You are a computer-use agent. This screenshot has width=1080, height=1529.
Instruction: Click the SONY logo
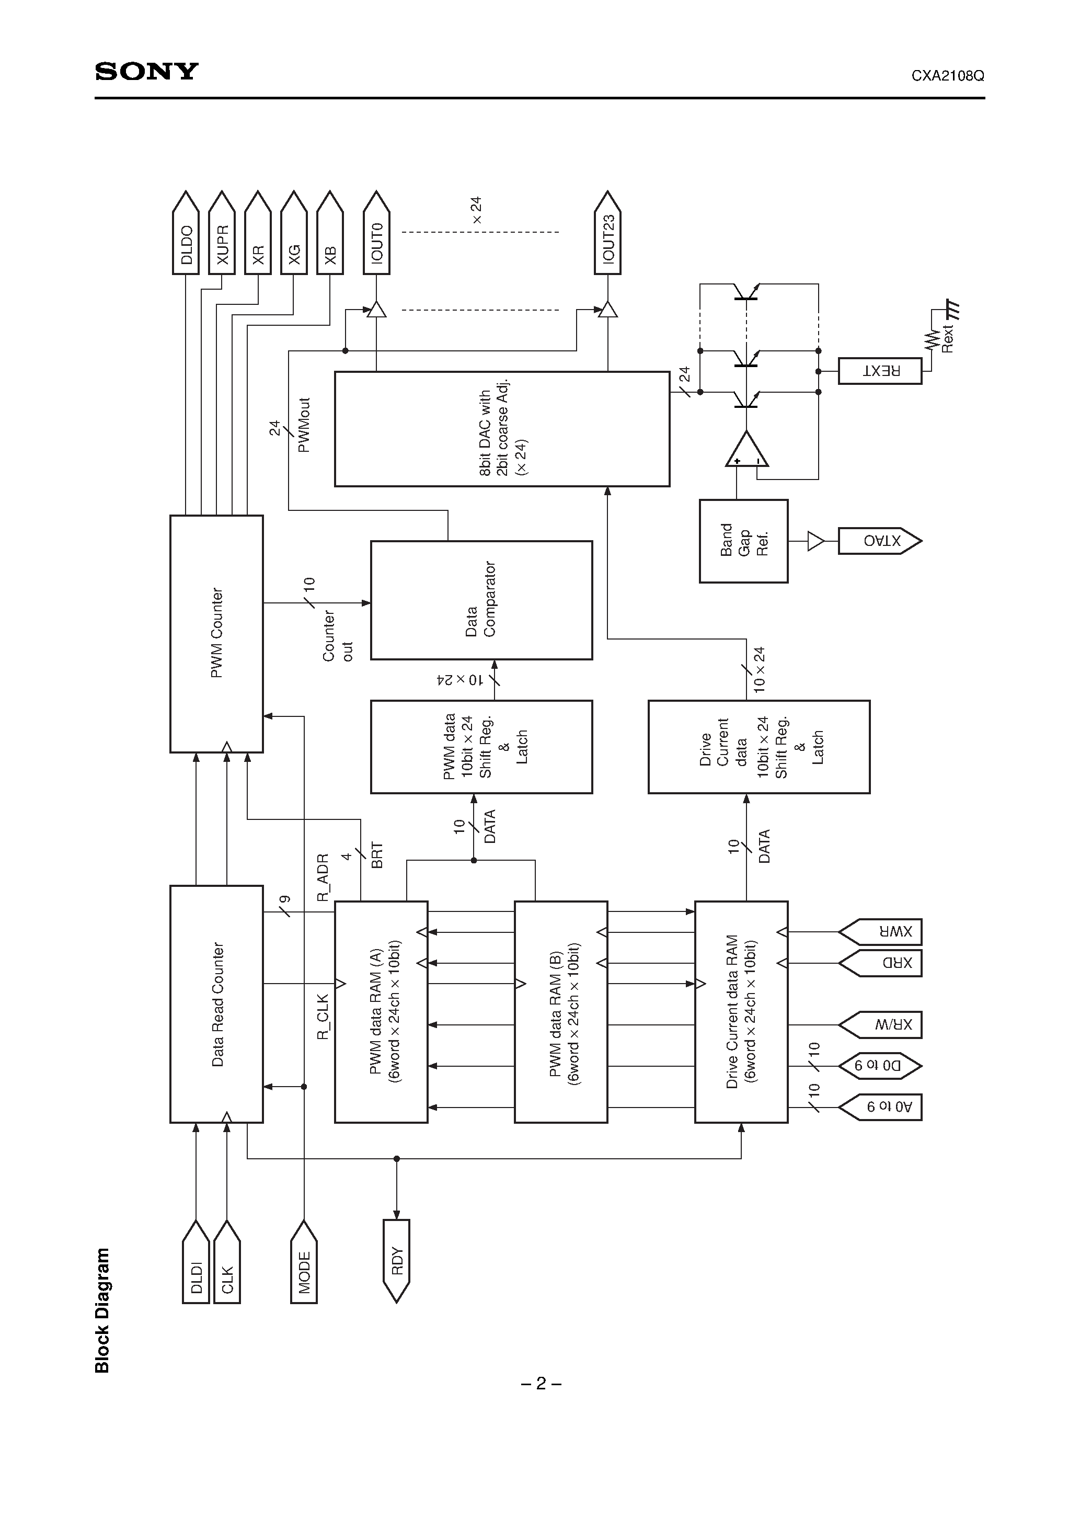tap(146, 71)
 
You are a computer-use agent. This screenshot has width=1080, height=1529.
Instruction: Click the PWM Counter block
tap(216, 633)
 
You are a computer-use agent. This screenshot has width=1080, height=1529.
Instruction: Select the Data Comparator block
tap(481, 599)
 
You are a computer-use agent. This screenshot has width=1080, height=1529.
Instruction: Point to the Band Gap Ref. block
tap(743, 541)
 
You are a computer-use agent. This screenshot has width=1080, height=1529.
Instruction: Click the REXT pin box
tap(880, 371)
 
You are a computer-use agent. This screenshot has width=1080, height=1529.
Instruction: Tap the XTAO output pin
tap(879, 541)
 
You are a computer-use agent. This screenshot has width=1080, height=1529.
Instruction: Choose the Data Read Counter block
tap(216, 1003)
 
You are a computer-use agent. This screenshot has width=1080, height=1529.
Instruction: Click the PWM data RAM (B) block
tap(560, 1011)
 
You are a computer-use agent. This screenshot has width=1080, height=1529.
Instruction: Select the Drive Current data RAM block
tap(741, 1011)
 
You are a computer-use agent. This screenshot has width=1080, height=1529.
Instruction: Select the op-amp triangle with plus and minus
tap(746, 451)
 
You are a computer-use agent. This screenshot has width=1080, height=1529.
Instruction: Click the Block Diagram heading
tap(102, 1311)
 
